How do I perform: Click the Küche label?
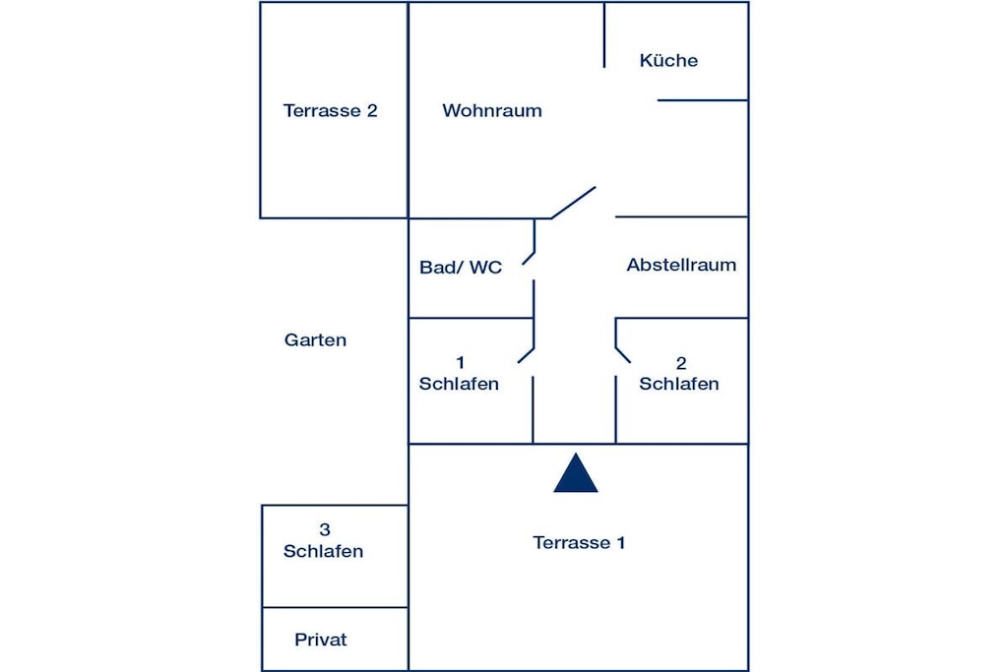point(668,60)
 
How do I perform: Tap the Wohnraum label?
point(492,110)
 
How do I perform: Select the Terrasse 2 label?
point(331,110)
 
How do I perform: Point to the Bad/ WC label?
point(461,268)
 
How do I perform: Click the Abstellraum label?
point(681,265)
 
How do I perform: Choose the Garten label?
point(315,339)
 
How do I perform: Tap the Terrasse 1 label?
point(579,542)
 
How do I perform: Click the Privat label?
point(320,640)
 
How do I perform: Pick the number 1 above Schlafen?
point(461,363)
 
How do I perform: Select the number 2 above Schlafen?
point(681,364)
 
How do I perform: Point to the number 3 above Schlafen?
point(325,529)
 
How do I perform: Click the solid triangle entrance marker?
point(575,473)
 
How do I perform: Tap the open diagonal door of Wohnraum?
point(574,203)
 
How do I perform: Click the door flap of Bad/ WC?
point(529,258)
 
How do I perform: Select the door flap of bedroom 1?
point(526,356)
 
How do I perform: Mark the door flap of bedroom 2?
point(623,355)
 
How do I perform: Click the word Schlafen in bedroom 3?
point(323,551)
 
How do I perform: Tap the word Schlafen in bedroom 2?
point(679,384)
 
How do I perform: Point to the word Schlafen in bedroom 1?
point(459,384)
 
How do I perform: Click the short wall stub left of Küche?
point(604,34)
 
